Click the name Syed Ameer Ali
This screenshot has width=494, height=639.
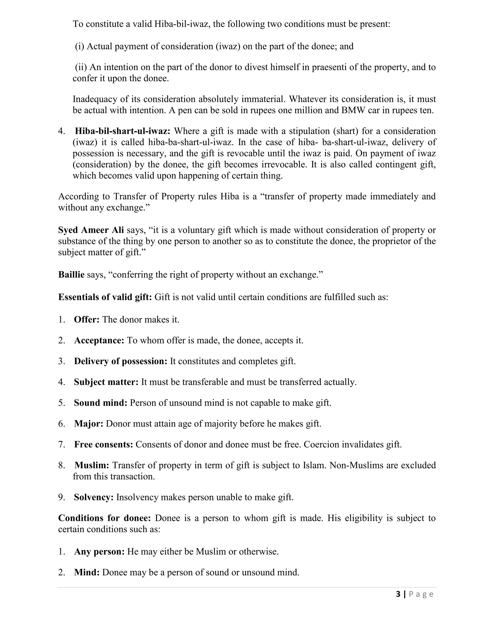(x=91, y=230)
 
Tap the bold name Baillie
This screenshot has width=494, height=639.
(x=71, y=274)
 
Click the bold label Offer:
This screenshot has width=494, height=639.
(x=87, y=319)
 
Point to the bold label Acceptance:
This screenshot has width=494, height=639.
(x=99, y=340)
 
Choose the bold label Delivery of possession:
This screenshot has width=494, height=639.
(x=120, y=361)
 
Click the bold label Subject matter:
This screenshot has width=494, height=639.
(x=106, y=382)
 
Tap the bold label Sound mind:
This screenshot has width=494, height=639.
(x=100, y=403)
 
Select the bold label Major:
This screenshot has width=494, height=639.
(x=88, y=423)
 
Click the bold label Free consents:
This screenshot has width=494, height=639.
(x=103, y=444)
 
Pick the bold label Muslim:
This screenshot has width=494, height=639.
(x=92, y=465)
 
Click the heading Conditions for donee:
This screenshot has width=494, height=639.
(x=104, y=518)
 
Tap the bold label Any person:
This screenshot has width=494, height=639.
(x=99, y=551)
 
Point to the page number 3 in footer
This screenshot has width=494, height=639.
(x=398, y=594)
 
